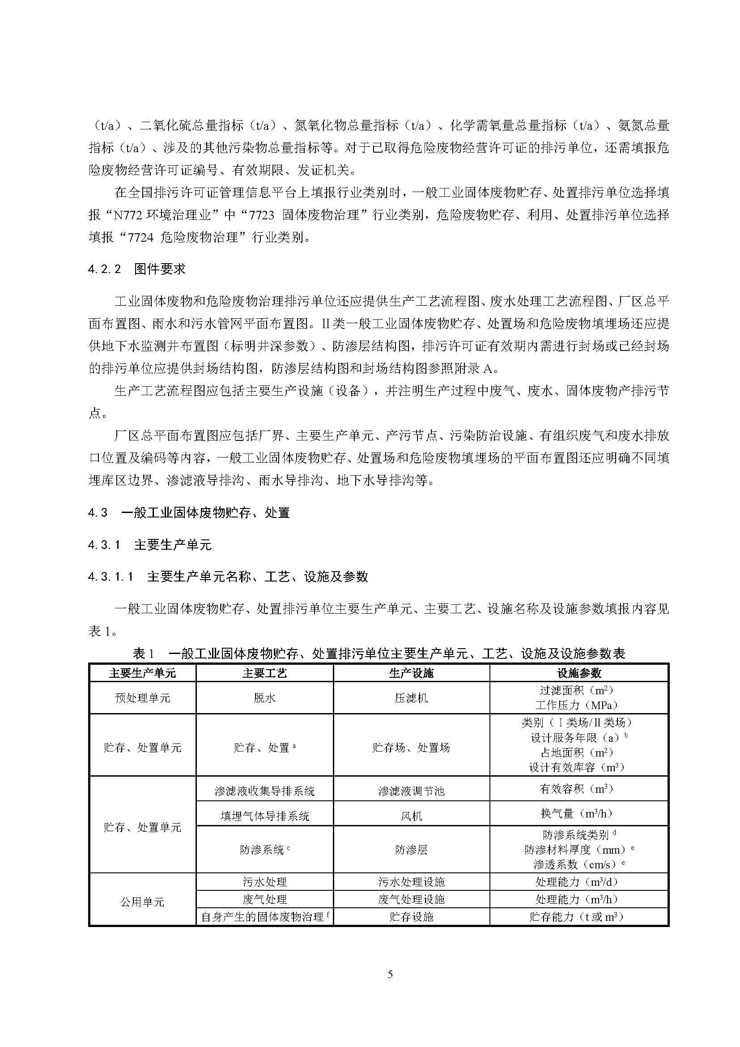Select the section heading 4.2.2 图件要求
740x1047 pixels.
pos(137,269)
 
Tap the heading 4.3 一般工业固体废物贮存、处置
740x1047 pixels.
pos(189,513)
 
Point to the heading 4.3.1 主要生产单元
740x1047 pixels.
pos(150,544)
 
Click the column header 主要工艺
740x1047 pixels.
pos(265,673)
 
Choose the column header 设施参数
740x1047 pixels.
pos(578,673)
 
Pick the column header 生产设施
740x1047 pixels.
pos(411,673)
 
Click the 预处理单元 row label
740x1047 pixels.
pos(143,698)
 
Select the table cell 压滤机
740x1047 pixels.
pos(411,698)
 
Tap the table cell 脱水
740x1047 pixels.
pos(265,698)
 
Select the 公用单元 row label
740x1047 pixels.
pos(143,902)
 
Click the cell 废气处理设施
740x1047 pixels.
pos(411,900)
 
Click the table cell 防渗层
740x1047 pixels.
pos(411,850)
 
